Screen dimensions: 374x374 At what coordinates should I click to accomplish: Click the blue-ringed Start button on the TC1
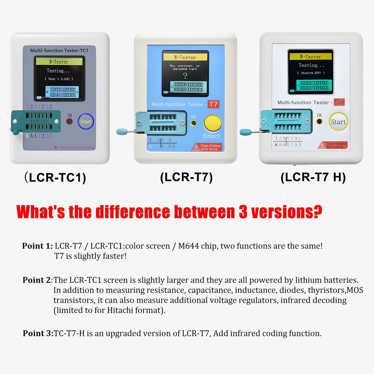pos(85,121)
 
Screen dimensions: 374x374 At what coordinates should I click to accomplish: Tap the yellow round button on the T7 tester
pos(212,123)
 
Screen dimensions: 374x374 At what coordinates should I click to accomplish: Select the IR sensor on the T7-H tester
pos(320,121)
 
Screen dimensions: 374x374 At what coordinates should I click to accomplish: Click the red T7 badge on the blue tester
pos(213,104)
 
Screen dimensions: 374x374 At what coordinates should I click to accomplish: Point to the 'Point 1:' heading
pos(38,246)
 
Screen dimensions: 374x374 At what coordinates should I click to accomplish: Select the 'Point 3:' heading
pos(38,333)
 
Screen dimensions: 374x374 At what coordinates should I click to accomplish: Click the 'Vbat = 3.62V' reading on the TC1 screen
pos(59,79)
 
